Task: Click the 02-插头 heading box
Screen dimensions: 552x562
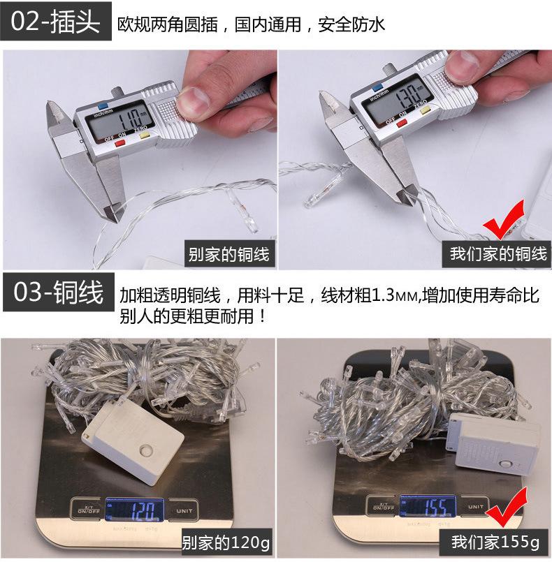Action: [56, 21]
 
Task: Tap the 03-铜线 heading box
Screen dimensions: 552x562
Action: [59, 291]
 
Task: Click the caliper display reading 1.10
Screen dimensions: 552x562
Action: [121, 119]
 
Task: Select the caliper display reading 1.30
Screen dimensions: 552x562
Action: [397, 98]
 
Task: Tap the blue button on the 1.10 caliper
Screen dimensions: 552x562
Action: [103, 106]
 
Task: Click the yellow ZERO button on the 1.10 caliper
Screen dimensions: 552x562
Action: [145, 135]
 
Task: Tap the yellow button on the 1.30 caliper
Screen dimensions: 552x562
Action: [425, 110]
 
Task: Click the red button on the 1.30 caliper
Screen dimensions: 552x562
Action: [402, 124]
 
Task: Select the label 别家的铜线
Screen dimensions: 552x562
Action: [230, 254]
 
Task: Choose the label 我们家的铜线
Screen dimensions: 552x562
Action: [497, 253]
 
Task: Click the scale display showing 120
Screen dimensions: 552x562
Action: [134, 510]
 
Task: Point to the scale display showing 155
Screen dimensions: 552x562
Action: [428, 506]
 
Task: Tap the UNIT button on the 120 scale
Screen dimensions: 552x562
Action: [184, 511]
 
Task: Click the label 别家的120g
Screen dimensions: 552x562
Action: [226, 542]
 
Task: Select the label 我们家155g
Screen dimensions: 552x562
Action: [495, 542]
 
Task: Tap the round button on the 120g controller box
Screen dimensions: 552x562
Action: [146, 450]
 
